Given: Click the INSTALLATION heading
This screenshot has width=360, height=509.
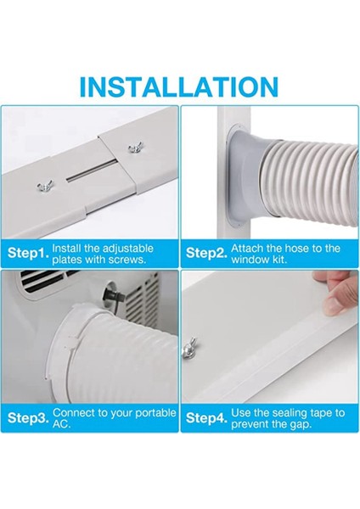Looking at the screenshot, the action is [178, 87].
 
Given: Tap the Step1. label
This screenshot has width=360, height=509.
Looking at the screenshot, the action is [28, 254].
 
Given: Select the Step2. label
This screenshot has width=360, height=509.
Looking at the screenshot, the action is [206, 254].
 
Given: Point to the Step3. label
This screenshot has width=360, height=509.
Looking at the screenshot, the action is [28, 418].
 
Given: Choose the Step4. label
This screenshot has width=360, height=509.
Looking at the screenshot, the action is [206, 418].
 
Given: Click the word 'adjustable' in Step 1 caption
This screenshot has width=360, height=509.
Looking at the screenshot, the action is [127, 249].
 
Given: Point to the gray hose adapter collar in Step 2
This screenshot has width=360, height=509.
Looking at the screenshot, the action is [247, 177].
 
